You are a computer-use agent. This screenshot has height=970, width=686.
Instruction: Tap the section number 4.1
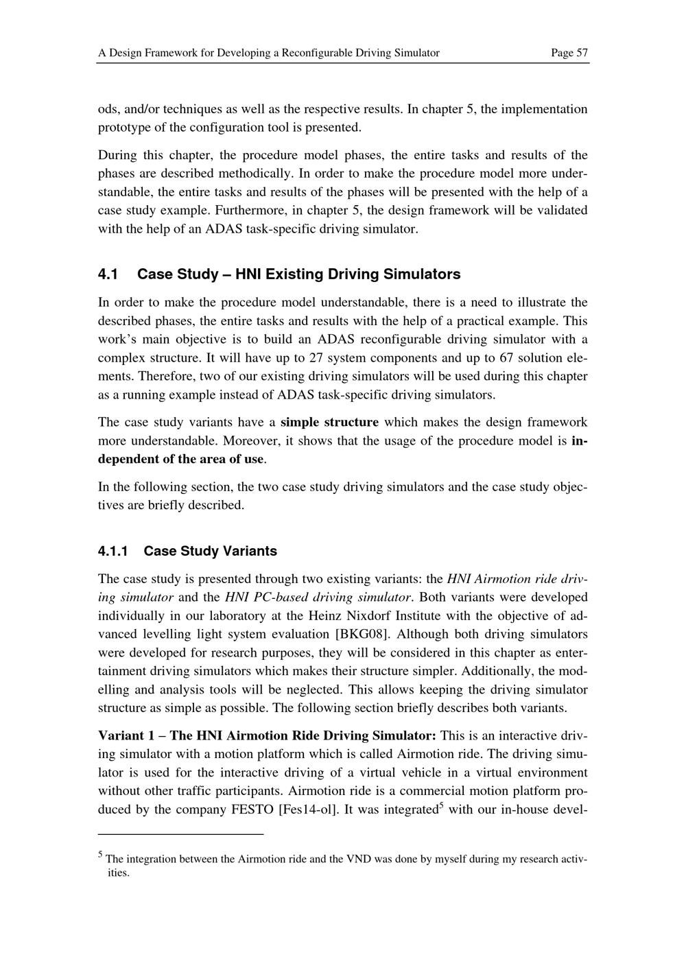pyautogui.click(x=108, y=274)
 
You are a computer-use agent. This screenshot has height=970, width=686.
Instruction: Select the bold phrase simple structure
pyautogui.click(x=329, y=422)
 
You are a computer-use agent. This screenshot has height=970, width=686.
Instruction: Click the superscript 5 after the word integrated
pyautogui.click(x=441, y=805)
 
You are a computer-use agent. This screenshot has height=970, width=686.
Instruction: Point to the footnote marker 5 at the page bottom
pyautogui.click(x=101, y=855)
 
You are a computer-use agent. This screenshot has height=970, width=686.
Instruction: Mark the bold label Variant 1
pyautogui.click(x=126, y=735)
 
